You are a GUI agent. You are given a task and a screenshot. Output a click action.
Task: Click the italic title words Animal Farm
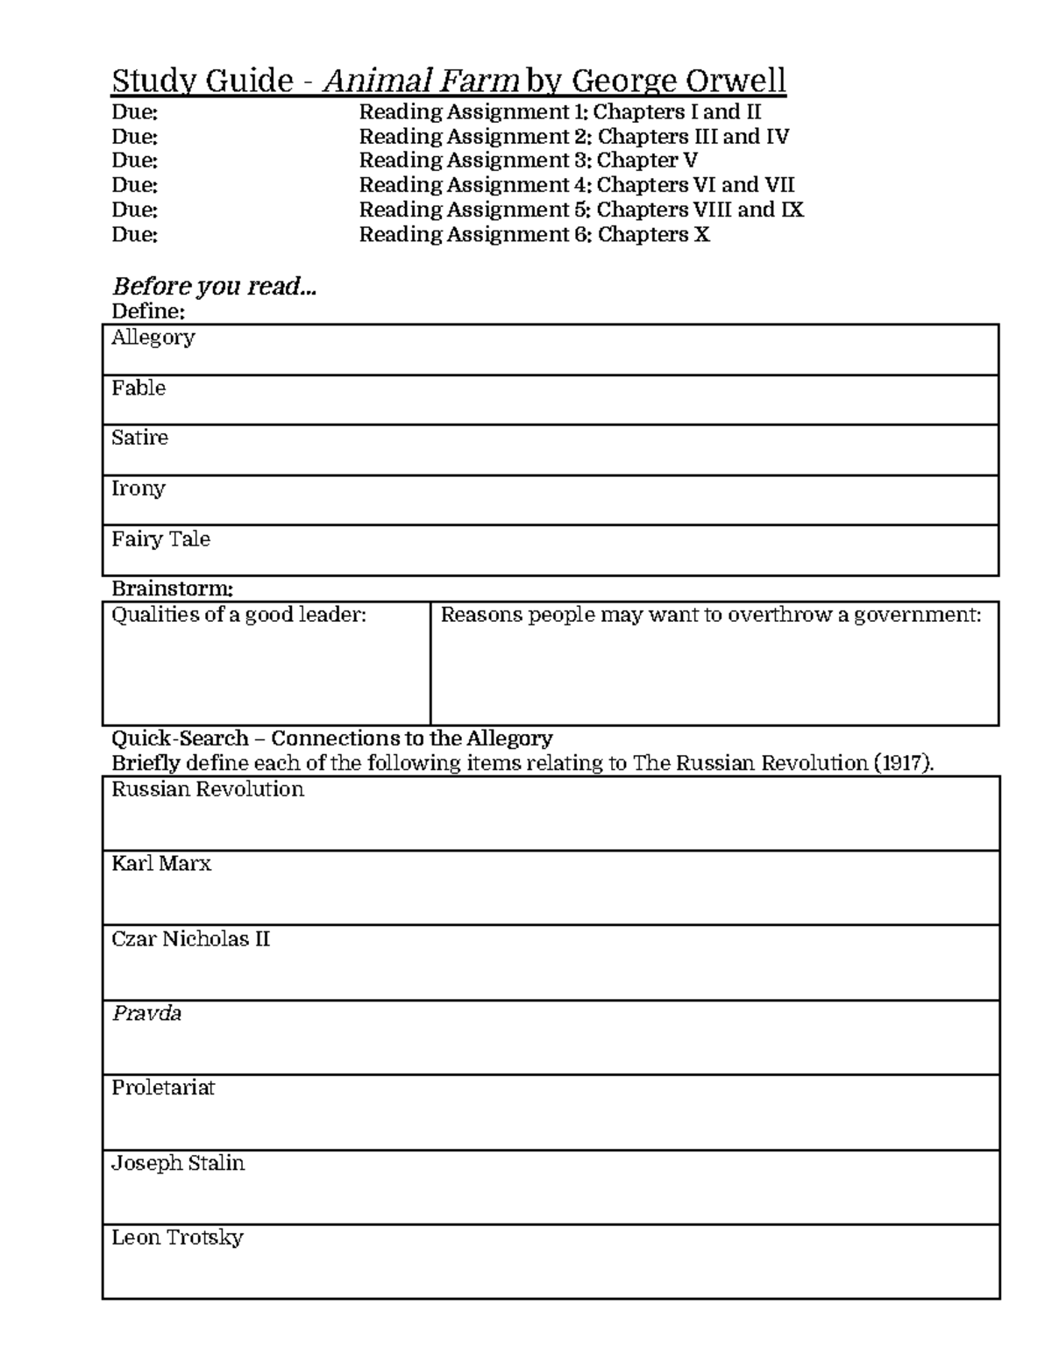pyautogui.click(x=422, y=82)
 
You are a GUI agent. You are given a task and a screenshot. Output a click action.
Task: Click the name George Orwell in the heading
pyautogui.click(x=679, y=82)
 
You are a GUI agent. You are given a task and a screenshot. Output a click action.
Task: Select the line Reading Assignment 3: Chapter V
pyautogui.click(x=528, y=160)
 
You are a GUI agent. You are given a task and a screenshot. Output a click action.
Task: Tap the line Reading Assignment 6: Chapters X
pyautogui.click(x=534, y=234)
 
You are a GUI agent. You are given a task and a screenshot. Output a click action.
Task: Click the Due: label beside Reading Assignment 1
pyautogui.click(x=134, y=112)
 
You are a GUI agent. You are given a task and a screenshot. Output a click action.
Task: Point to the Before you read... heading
pyautogui.click(x=214, y=287)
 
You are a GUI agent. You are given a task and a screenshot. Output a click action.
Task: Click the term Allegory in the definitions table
pyautogui.click(x=153, y=338)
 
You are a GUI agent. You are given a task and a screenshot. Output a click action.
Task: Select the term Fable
pyautogui.click(x=139, y=388)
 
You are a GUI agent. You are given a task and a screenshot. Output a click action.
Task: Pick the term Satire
pyautogui.click(x=139, y=438)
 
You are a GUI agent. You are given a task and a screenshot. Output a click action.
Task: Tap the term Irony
pyautogui.click(x=139, y=488)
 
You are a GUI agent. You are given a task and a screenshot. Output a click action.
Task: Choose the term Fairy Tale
pyautogui.click(x=160, y=538)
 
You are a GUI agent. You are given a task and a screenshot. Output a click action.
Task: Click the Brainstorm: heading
pyautogui.click(x=172, y=588)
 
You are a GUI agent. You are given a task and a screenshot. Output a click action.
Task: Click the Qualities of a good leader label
pyautogui.click(x=238, y=615)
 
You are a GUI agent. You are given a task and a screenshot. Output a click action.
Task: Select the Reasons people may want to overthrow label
pyautogui.click(x=710, y=615)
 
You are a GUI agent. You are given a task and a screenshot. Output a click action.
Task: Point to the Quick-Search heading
pyautogui.click(x=331, y=738)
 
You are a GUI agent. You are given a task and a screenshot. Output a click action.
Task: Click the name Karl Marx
pyautogui.click(x=161, y=864)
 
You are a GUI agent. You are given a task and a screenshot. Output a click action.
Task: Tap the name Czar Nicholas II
pyautogui.click(x=190, y=939)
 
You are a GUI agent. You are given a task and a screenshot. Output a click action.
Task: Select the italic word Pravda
pyautogui.click(x=146, y=1014)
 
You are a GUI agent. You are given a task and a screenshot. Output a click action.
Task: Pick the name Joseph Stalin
pyautogui.click(x=178, y=1163)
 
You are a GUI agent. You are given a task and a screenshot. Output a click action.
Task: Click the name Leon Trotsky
pyautogui.click(x=177, y=1237)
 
